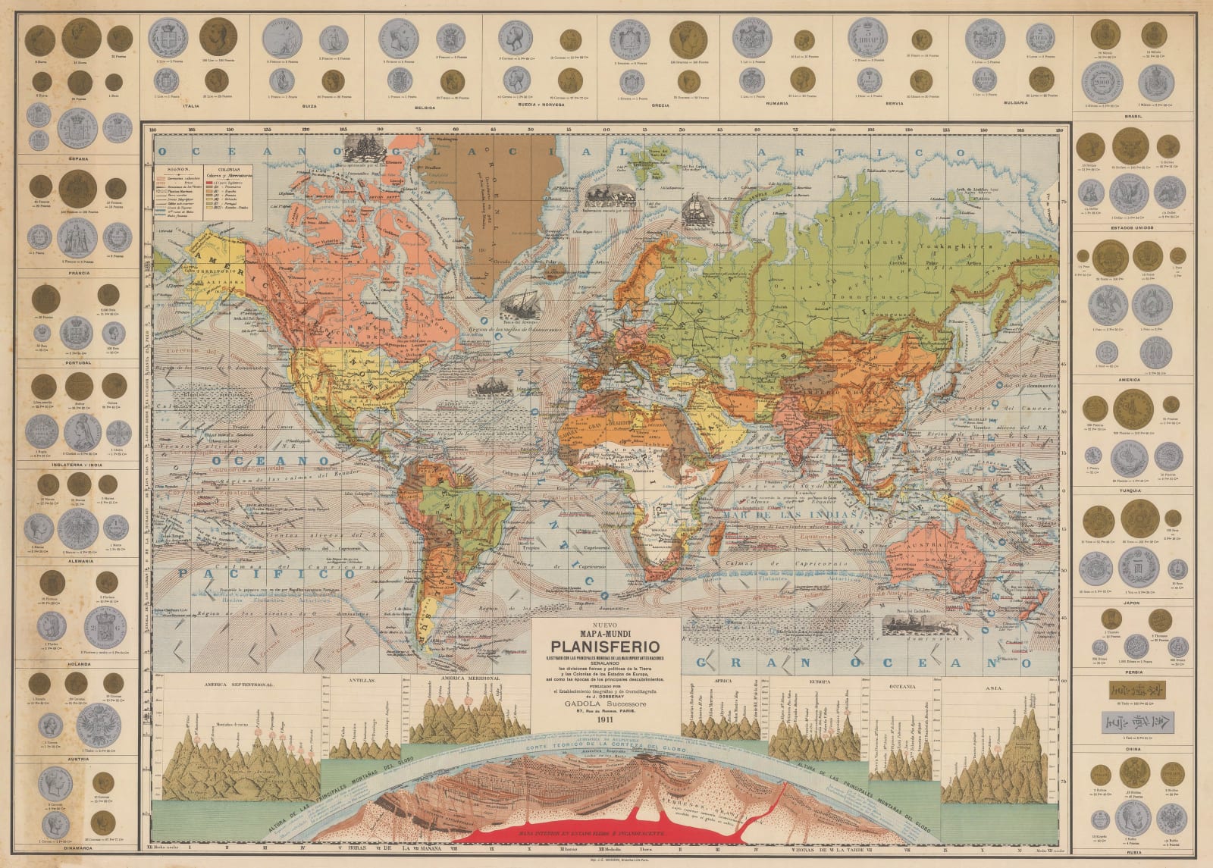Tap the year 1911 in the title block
[605, 720]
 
